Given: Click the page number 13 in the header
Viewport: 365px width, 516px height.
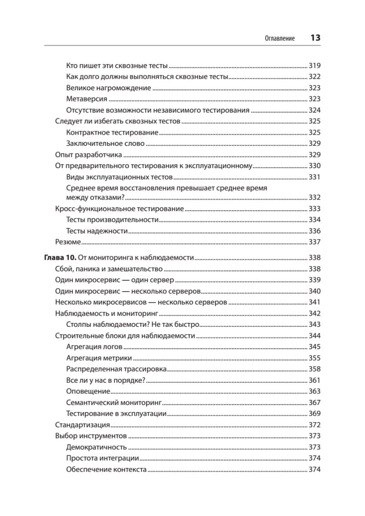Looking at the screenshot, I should (315, 38).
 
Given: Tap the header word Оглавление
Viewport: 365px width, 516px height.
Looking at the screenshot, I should (279, 39).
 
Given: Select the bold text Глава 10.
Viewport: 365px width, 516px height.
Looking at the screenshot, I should (60, 258).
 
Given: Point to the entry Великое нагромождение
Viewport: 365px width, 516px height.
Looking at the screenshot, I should (109, 88).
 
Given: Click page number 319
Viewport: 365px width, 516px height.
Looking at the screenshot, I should (315, 66).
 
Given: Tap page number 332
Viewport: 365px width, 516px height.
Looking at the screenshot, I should (315, 197).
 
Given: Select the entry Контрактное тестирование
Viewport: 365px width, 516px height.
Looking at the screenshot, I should (113, 132).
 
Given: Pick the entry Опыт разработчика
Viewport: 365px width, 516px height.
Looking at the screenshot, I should (89, 154).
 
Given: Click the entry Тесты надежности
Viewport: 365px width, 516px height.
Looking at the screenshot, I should (97, 231).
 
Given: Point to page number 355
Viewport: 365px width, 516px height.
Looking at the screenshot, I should (315, 358).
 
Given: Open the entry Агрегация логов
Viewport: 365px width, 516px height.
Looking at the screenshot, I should (95, 347).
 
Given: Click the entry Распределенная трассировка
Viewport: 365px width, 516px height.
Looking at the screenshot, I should (117, 369).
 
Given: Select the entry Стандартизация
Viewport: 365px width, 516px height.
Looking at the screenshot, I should (82, 425).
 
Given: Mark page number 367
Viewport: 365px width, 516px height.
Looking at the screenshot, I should (315, 402).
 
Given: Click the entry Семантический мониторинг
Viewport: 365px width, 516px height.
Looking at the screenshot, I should (113, 402).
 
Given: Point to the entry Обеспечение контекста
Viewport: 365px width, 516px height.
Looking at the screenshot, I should (107, 469).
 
